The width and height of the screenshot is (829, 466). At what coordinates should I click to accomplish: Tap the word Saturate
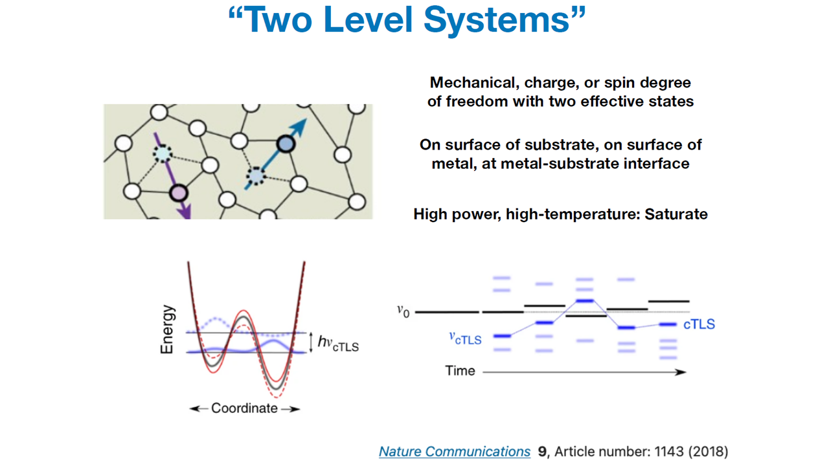[x=676, y=214]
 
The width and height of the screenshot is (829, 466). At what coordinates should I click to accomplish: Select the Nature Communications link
[x=455, y=451]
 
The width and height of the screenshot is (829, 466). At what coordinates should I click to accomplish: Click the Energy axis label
[x=167, y=329]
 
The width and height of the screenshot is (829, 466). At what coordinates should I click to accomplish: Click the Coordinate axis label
[x=244, y=408]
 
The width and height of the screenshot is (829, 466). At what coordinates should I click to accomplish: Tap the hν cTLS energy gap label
[x=338, y=343]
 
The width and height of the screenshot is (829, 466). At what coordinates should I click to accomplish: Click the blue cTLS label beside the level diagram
[x=699, y=324]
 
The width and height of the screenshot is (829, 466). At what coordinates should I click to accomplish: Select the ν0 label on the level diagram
[x=403, y=311]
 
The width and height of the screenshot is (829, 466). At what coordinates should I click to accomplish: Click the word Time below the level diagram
[x=460, y=371]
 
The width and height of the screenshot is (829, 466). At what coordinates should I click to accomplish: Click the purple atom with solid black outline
[x=178, y=193]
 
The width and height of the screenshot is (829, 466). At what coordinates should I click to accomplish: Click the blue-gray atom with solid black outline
[x=286, y=144]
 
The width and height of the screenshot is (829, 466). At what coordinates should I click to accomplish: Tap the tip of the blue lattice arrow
[x=306, y=119]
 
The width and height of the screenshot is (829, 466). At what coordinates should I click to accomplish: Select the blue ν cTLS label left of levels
[x=465, y=338]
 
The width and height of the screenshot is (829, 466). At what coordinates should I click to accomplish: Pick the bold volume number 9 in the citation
[x=542, y=451]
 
